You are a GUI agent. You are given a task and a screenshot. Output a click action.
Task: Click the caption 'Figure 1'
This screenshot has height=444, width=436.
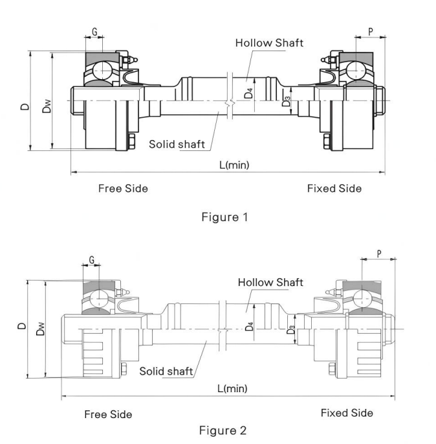pyautogui.click(x=224, y=217)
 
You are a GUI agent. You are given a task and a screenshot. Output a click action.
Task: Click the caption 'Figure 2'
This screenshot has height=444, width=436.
pyautogui.click(x=223, y=430)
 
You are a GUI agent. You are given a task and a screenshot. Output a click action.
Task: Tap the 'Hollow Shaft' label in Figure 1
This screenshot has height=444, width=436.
pyautogui.click(x=269, y=43)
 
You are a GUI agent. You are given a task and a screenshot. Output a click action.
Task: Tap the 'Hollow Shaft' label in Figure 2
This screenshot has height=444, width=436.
pyautogui.click(x=270, y=283)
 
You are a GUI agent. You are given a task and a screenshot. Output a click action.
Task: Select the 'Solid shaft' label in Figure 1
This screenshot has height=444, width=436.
pyautogui.click(x=171, y=143)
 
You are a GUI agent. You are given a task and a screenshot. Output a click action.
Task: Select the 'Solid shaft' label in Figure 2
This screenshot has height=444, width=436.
pyautogui.click(x=166, y=371)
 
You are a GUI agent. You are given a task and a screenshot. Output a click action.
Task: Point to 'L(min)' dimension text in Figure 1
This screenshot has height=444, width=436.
pyautogui.click(x=234, y=165)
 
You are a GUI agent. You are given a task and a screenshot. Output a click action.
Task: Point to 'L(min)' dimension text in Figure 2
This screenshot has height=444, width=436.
pyautogui.click(x=232, y=388)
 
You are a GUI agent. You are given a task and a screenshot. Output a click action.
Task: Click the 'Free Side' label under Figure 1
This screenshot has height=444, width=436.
pyautogui.click(x=123, y=189)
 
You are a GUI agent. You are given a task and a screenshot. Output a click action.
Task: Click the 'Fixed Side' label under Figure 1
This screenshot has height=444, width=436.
pyautogui.click(x=334, y=189)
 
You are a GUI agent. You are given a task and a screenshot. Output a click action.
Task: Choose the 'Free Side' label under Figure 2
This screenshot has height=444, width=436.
pyautogui.click(x=108, y=414)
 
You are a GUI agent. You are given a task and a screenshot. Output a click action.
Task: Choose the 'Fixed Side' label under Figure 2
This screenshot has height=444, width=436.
pyautogui.click(x=347, y=413)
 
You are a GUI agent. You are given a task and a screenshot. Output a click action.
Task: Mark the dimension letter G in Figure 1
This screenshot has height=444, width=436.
pyautogui.click(x=94, y=31)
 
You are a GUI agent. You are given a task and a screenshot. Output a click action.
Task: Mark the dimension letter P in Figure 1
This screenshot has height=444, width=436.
pyautogui.click(x=370, y=30)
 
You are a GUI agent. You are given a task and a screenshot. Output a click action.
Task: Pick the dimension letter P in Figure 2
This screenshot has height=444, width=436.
pyautogui.click(x=378, y=253)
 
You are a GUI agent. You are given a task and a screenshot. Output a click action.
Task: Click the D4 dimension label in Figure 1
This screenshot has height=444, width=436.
pyautogui.click(x=248, y=93)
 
